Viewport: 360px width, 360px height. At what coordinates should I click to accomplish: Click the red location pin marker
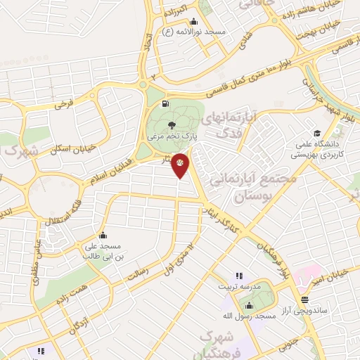coord(181,164)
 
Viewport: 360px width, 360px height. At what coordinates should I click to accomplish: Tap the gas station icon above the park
coord(165,105)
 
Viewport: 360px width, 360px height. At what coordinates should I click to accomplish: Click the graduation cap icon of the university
coord(317,134)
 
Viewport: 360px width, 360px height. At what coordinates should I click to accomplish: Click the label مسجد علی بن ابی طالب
coord(103,251)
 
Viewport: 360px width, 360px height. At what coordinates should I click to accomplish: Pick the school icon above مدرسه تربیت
coord(239,276)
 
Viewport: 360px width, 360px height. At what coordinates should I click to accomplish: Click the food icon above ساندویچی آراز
coord(304,299)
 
